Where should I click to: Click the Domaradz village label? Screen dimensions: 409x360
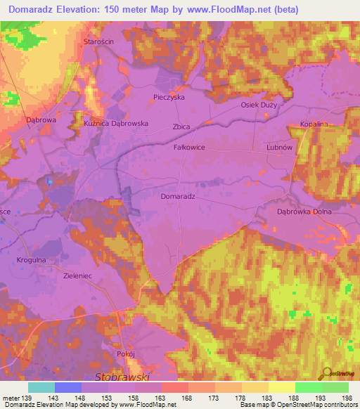click(x=177, y=197)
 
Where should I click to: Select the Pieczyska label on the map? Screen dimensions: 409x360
click(x=169, y=97)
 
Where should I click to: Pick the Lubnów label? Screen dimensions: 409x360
click(x=279, y=148)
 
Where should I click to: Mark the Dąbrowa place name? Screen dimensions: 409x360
click(x=41, y=119)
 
